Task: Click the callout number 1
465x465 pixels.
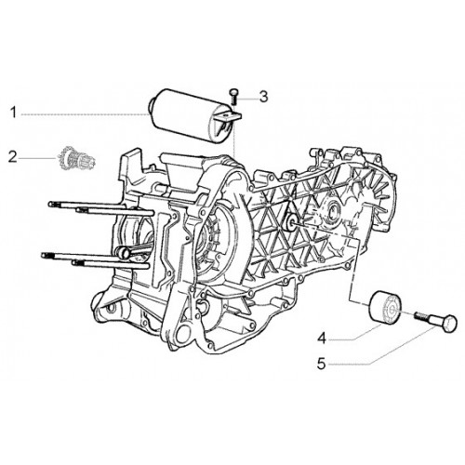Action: (x=13, y=113)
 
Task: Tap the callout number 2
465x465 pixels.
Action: (x=12, y=157)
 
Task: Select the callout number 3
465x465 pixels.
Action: (x=263, y=97)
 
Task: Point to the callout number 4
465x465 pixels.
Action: (x=322, y=339)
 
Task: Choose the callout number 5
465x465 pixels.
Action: (x=322, y=364)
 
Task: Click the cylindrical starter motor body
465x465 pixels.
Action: (x=186, y=115)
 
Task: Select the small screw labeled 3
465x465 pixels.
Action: (x=233, y=97)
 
